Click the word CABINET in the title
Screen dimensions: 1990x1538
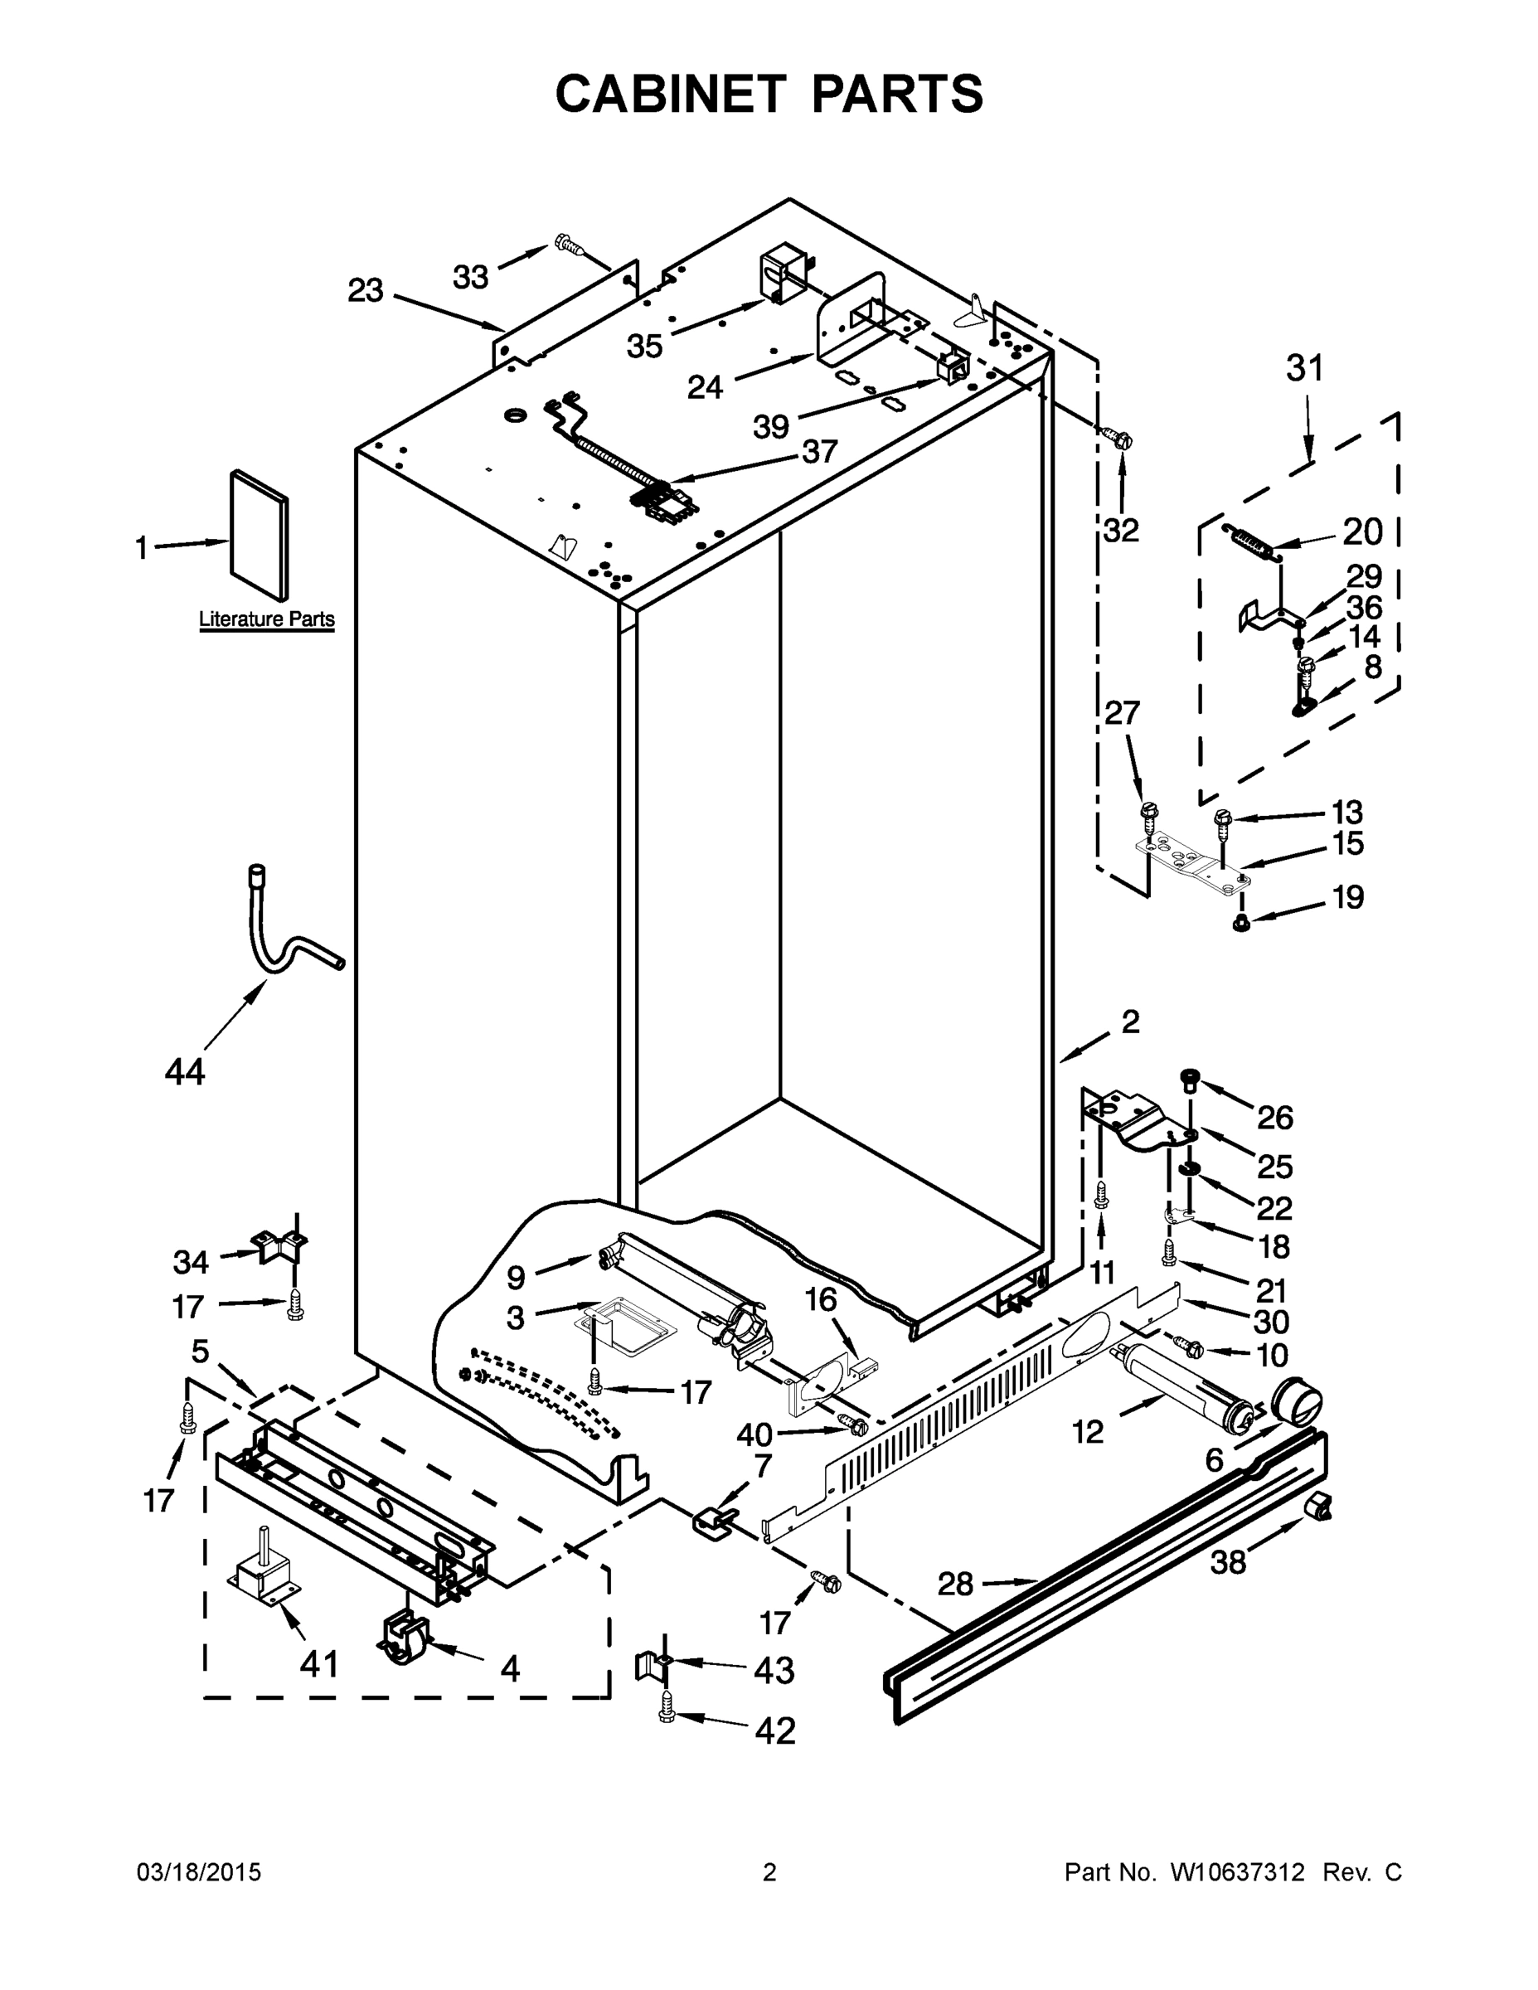tap(670, 93)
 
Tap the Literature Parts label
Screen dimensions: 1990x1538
tap(266, 619)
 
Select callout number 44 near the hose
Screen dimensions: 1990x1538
tap(185, 1071)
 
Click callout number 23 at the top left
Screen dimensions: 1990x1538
tap(366, 291)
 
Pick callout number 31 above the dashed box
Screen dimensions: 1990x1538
tap(1305, 369)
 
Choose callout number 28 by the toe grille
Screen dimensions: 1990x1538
tap(956, 1585)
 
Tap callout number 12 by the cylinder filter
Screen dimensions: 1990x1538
tap(1088, 1431)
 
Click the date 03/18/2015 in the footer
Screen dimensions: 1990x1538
tap(199, 1873)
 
